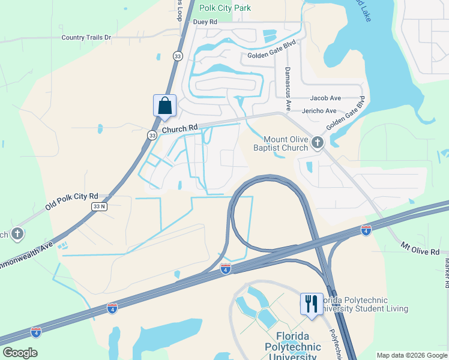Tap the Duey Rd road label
click(x=204, y=22)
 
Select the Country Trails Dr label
click(x=86, y=37)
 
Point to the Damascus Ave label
click(x=288, y=88)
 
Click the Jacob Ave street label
click(x=325, y=98)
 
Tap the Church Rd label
click(x=179, y=128)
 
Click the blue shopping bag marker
click(x=164, y=106)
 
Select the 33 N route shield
click(x=100, y=206)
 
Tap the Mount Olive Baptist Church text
click(x=286, y=143)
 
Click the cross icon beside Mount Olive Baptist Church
click(x=318, y=142)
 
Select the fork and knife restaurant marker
click(x=311, y=303)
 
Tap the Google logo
click(x=19, y=352)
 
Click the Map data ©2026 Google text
click(x=411, y=355)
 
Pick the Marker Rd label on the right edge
click(x=447, y=269)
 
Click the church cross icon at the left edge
click(x=17, y=233)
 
